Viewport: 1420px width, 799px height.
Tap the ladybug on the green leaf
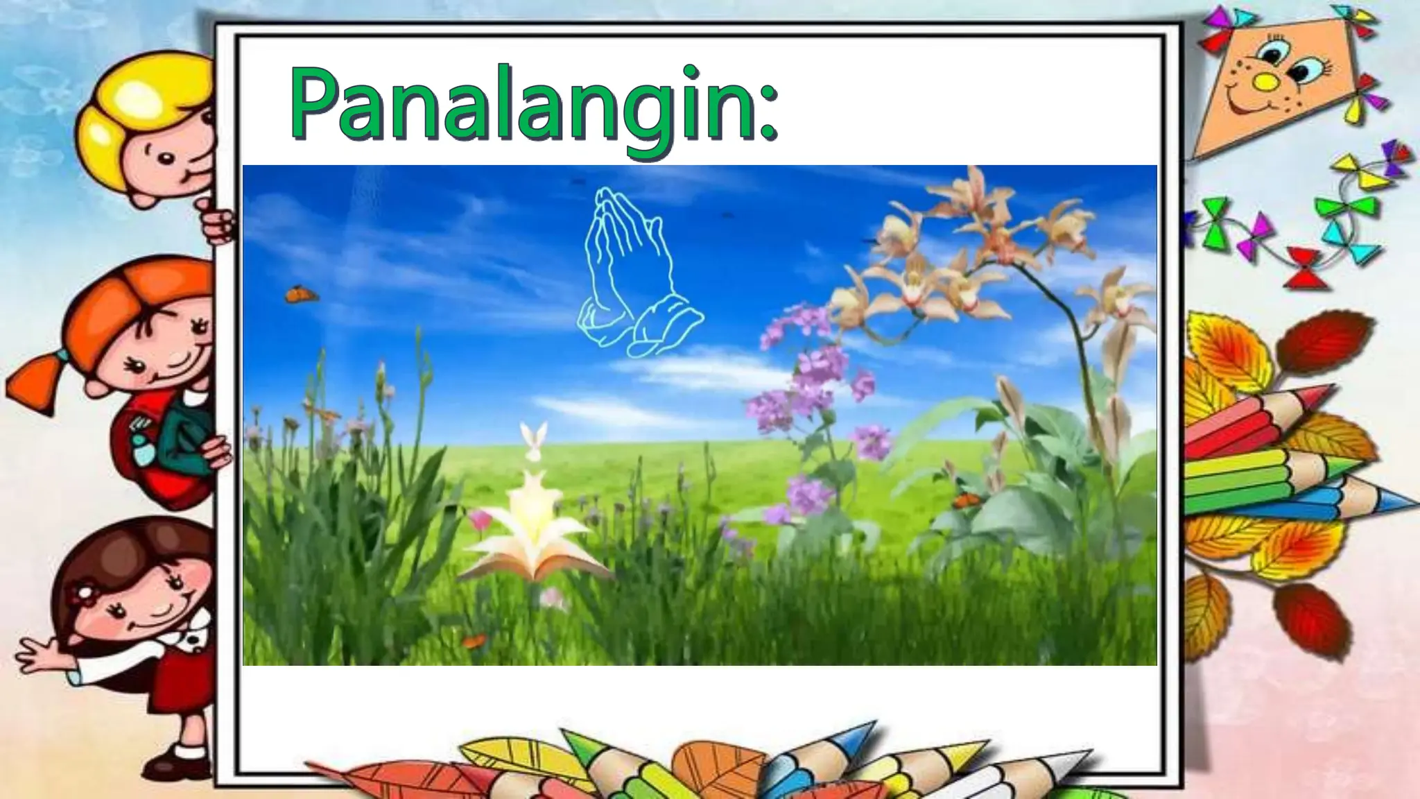(962, 498)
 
